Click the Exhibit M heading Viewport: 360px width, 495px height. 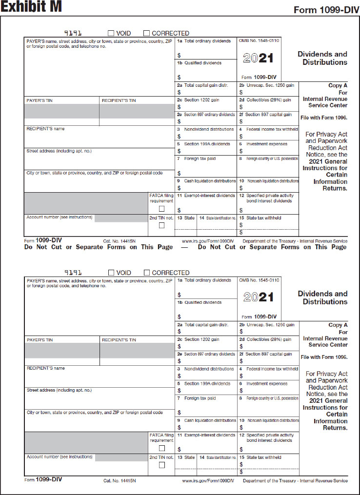click(31, 7)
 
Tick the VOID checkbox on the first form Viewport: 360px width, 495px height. click(111, 33)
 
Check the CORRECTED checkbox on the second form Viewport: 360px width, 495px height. click(147, 273)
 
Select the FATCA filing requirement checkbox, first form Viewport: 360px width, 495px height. click(161, 209)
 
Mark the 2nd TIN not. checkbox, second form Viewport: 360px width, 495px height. click(161, 465)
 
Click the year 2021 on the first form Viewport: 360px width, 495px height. click(259, 59)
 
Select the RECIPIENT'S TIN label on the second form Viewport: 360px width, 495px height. click(119, 340)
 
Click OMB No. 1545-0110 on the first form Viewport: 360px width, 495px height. click(259, 41)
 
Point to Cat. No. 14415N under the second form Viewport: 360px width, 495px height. click(119, 480)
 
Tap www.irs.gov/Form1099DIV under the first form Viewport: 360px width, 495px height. click(208, 241)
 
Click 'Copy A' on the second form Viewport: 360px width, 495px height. click(338, 325)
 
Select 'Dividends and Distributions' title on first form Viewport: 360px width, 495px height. click(322, 58)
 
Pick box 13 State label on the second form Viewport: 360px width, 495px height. click(186, 457)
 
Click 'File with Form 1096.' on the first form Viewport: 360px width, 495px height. click(324, 118)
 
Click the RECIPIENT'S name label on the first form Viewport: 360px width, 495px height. click(45, 129)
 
